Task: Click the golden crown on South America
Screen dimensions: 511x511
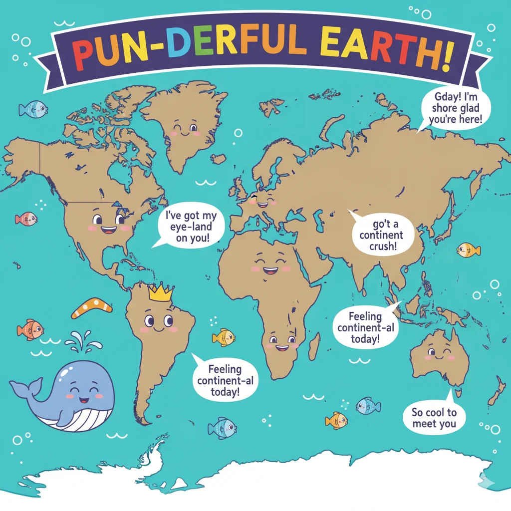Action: click(160, 292)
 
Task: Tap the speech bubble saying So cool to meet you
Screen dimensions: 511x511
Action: click(434, 418)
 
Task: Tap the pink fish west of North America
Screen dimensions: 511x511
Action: click(25, 219)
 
